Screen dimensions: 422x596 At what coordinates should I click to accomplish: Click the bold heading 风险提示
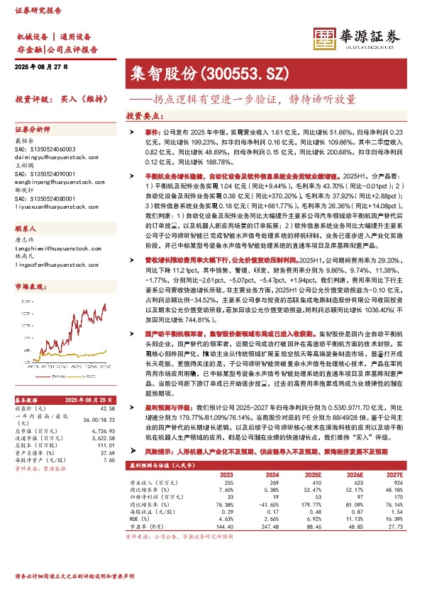coord(157,450)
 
